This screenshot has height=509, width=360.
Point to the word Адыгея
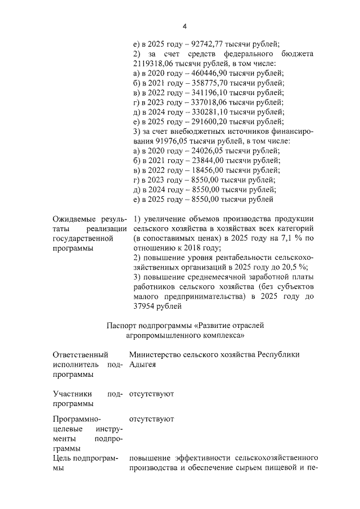point(142,364)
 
